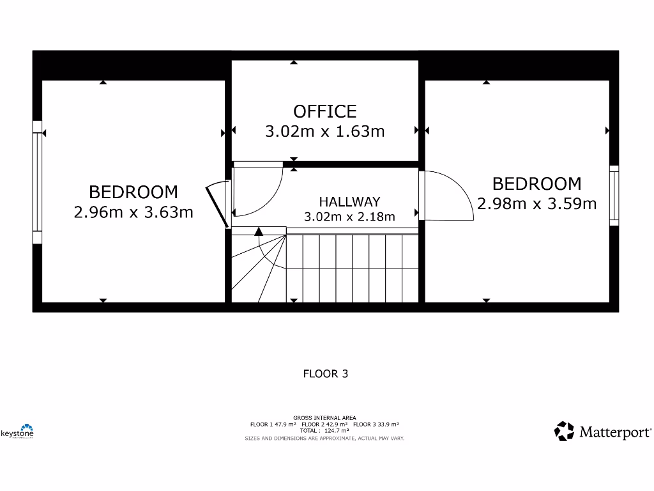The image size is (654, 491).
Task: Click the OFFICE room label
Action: (324, 111)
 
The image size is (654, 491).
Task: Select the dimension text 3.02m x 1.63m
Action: (324, 132)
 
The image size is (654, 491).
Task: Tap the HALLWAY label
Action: (349, 202)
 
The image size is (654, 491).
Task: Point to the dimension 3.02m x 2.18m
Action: (349, 217)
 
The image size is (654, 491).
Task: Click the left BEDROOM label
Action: (133, 192)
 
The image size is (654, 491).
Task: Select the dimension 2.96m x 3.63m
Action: (133, 212)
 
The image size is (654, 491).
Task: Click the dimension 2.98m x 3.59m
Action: (536, 204)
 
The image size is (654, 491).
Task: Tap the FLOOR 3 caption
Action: (325, 374)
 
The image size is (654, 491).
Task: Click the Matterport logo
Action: (603, 432)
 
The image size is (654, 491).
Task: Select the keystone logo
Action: (18, 432)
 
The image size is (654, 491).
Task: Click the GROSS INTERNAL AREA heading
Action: (324, 418)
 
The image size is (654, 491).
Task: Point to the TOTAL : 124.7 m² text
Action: (324, 431)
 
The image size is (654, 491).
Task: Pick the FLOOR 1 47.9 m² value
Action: (273, 425)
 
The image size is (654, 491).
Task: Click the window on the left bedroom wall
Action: (37, 182)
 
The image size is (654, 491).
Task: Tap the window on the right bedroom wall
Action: (614, 195)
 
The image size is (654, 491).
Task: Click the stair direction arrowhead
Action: (259, 231)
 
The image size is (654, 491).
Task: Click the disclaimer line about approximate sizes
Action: (324, 438)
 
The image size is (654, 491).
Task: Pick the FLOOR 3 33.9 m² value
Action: (376, 425)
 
